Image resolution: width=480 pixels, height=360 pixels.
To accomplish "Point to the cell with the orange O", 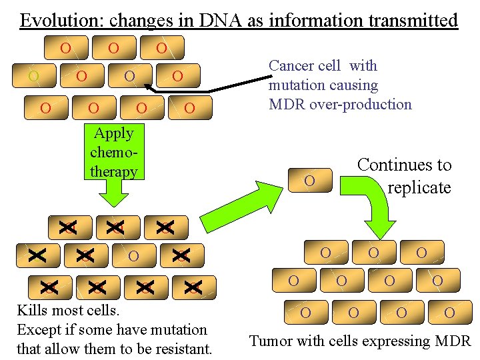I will pos(33,76).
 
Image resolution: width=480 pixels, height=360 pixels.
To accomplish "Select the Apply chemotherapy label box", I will pos(113,152).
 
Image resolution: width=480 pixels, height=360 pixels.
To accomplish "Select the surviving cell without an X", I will pos(133,255).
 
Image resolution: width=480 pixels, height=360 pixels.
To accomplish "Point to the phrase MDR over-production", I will pos(340,104).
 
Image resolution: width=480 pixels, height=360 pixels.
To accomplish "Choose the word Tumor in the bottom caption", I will pos(270,341).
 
